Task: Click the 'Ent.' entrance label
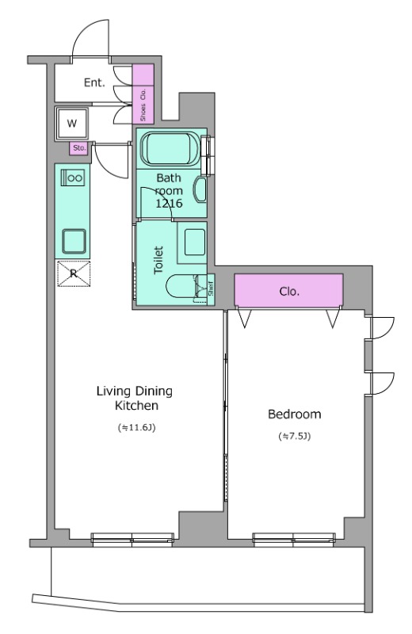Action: click(94, 83)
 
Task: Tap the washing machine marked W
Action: click(71, 123)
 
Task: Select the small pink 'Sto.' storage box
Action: click(79, 148)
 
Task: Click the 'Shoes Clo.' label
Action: click(143, 105)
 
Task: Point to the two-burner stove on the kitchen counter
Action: click(73, 178)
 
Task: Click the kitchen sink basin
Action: click(74, 242)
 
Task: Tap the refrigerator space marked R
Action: click(74, 273)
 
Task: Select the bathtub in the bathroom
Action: click(170, 149)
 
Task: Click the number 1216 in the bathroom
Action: click(169, 204)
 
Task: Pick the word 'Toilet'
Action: click(159, 260)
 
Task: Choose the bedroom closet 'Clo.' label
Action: click(289, 291)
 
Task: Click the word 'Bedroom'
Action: click(295, 414)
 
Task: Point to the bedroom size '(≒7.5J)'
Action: click(295, 437)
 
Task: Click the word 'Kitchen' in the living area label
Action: click(136, 405)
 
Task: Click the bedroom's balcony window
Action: click(294, 540)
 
